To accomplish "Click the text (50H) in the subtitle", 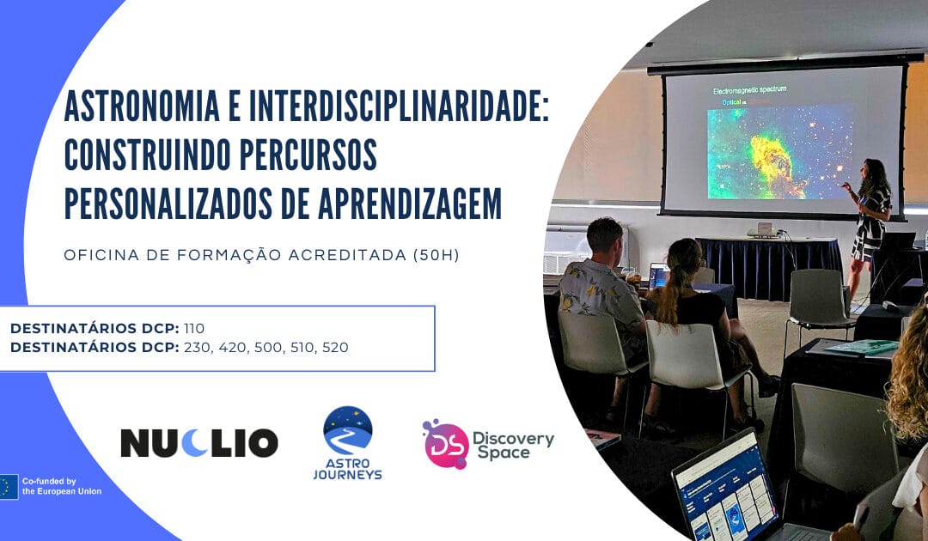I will pyautogui.click(x=434, y=255).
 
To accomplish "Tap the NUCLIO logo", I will pyautogui.click(x=198, y=442).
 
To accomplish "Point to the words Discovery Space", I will pyautogui.click(x=513, y=445).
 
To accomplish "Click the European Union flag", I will pyautogui.click(x=9, y=486).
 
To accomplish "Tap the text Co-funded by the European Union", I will pyautogui.click(x=62, y=486).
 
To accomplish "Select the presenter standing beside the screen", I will pyautogui.click(x=869, y=215).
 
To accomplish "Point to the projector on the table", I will pyautogui.click(x=762, y=230).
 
